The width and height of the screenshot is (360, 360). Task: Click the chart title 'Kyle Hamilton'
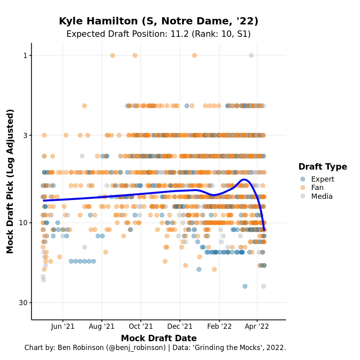tap(158, 21)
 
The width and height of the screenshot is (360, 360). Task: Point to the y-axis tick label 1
tap(25, 55)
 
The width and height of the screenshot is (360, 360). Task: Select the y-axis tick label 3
tap(25, 135)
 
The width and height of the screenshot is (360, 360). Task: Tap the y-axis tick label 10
tap(23, 222)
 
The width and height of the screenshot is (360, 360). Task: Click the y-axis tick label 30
tap(23, 302)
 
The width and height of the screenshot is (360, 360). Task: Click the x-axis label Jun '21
tap(63, 327)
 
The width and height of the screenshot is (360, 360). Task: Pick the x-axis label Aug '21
tap(102, 327)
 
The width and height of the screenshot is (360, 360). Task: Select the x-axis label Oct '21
tap(141, 327)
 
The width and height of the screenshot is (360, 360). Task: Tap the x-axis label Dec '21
tap(180, 327)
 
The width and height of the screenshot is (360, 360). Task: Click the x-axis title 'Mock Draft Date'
tap(158, 338)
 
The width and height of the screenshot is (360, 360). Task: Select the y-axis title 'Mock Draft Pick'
tap(10, 181)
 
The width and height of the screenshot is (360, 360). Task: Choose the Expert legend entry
tap(322, 179)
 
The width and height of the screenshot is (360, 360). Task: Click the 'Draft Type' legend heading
tap(322, 167)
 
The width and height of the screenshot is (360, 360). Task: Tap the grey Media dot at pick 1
tap(251, 55)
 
